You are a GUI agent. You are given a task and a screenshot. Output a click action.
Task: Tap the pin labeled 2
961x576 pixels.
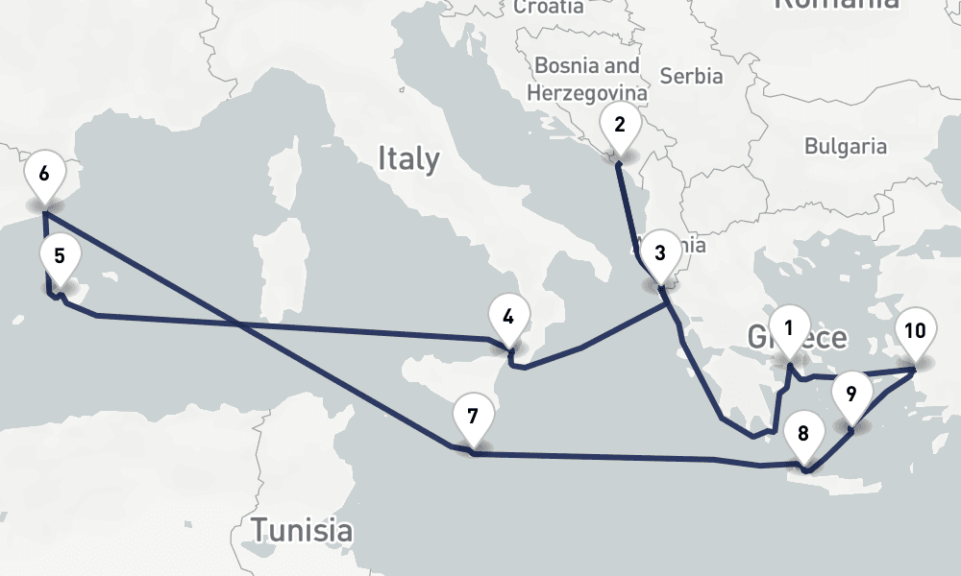coord(620,125)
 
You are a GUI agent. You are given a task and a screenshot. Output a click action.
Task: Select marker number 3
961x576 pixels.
coord(659,254)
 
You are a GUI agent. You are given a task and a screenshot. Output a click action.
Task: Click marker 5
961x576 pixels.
coord(60,257)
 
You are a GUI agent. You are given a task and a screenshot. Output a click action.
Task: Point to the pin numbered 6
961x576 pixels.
coord(44,175)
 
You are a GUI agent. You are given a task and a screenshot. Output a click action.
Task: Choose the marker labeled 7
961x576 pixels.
coord(472,417)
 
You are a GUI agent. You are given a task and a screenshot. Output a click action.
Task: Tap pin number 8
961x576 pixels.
coord(803,432)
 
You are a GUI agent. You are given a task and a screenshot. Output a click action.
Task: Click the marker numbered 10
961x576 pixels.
coord(915,332)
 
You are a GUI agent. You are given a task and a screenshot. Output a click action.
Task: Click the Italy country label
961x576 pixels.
coord(408,158)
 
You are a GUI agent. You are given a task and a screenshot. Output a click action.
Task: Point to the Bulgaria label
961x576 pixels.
coord(846,147)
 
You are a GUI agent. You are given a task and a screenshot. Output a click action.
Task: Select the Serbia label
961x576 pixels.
coord(692,76)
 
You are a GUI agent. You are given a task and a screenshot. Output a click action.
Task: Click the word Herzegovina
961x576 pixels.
coord(586,93)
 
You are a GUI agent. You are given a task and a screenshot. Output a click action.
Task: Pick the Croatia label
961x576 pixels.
coord(549,7)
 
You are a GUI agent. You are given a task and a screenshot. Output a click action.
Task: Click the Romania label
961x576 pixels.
coord(836,4)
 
